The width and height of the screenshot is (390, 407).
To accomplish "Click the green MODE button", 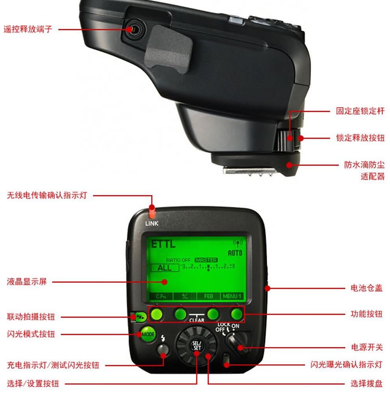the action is (148, 335).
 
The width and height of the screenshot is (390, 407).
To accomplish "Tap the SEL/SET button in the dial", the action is (197, 346).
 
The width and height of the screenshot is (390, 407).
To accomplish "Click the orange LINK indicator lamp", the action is (152, 213).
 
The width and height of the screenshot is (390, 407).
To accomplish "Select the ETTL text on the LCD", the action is (163, 244).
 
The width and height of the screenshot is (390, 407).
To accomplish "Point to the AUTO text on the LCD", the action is (235, 253).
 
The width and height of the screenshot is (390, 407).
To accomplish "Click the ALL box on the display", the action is (165, 268).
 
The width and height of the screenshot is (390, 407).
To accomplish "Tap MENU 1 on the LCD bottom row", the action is (232, 296).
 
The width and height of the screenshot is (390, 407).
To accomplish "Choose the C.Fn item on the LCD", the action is (161, 296).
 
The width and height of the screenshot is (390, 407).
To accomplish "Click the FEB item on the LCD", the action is (209, 296).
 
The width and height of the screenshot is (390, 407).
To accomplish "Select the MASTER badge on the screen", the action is (206, 260).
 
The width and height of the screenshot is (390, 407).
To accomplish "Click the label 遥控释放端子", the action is (28, 29).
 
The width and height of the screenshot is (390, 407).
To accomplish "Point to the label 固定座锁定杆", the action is (360, 111).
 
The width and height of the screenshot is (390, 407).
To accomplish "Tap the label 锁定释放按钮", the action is (360, 138).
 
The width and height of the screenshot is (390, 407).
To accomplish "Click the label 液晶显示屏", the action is (27, 281).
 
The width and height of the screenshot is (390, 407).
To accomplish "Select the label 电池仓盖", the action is (366, 288).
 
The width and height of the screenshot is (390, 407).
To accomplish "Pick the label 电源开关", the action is (367, 347).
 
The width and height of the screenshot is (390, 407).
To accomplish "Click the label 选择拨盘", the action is (367, 383).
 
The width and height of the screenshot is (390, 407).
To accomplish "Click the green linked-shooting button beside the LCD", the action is (139, 317).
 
